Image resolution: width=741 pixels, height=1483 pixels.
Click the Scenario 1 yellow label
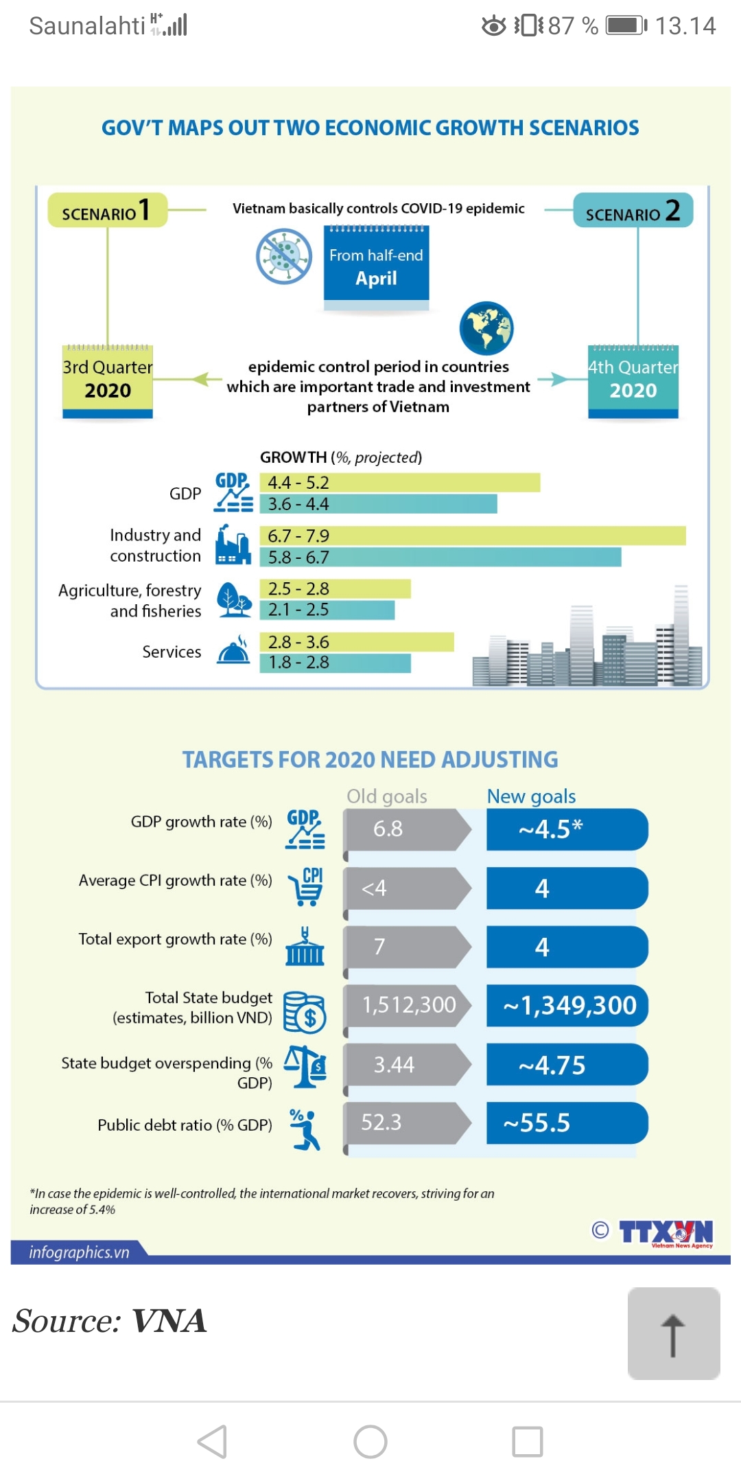coord(107,210)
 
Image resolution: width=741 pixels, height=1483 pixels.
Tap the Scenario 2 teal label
coord(633,210)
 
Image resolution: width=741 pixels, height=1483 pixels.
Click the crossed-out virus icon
coord(283,257)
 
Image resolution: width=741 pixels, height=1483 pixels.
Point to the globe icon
coord(486,328)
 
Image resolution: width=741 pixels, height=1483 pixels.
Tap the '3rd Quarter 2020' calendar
coord(108,380)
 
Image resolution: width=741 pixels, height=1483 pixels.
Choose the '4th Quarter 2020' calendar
coord(633,380)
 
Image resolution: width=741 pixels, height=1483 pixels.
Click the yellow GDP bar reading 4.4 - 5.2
coord(399,483)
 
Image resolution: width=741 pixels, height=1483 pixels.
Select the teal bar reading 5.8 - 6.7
coord(440,557)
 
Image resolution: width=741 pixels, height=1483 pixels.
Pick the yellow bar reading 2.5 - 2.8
coord(335,588)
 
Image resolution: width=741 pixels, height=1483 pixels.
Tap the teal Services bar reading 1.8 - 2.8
coord(335,663)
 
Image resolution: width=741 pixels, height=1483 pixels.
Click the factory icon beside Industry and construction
coord(233,545)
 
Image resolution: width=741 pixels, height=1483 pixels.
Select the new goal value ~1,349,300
coord(567,1006)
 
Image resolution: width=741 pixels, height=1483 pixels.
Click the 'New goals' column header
coord(531,796)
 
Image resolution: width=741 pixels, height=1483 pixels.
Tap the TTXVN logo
coord(666,1233)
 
